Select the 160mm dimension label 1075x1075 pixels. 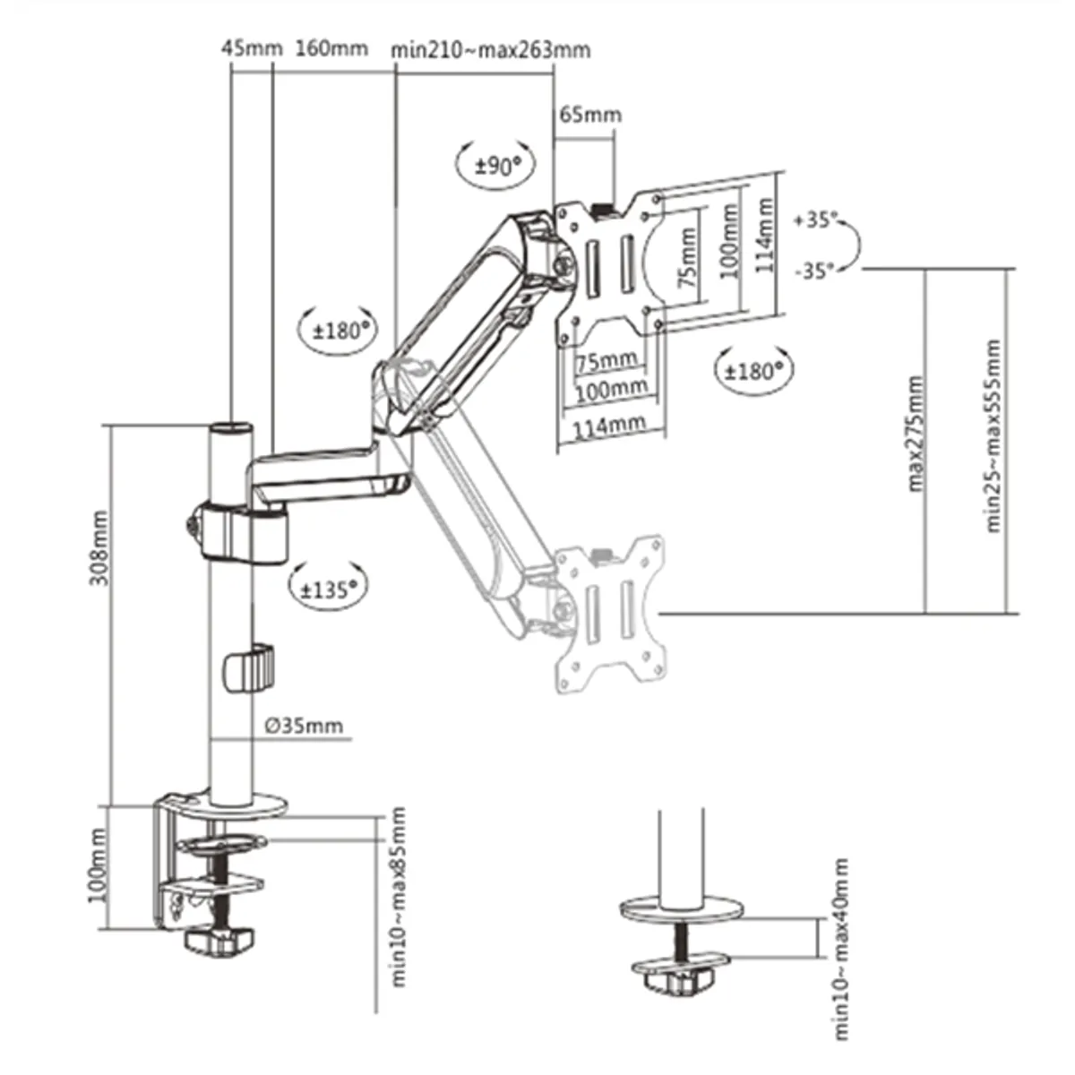331,47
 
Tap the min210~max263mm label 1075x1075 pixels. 490,49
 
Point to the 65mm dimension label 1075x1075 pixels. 590,115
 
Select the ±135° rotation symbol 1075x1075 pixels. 328,589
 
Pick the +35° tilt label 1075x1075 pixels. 815,219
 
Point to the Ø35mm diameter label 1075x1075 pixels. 303,725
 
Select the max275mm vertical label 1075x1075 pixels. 915,434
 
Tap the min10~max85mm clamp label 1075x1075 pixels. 399,897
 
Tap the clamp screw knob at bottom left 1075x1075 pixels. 218,941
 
